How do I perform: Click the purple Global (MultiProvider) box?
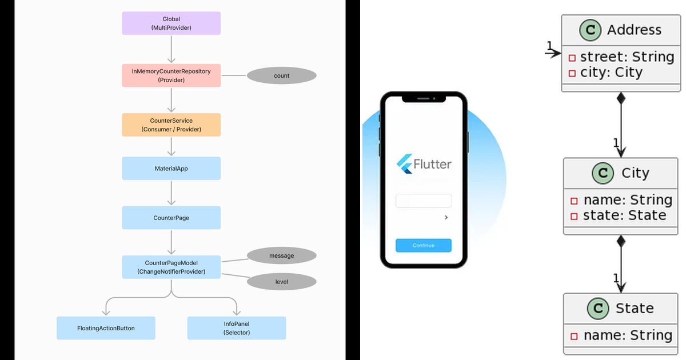pyautogui.click(x=171, y=23)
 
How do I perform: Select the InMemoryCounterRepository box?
pyautogui.click(x=171, y=75)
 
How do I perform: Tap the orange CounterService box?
pyautogui.click(x=171, y=125)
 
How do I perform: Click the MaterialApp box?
pyautogui.click(x=171, y=169)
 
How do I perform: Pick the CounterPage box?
pyautogui.click(x=171, y=218)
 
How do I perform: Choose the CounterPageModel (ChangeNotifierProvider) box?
pyautogui.click(x=171, y=267)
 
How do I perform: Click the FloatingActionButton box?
pyautogui.click(x=106, y=328)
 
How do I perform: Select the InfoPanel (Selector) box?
pyautogui.click(x=237, y=328)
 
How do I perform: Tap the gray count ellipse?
pyautogui.click(x=281, y=75)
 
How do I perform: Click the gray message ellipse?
pyautogui.click(x=281, y=255)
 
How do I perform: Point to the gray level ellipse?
pyautogui.click(x=281, y=282)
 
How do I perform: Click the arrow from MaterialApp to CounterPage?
pyautogui.click(x=171, y=193)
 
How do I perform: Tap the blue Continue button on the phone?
pyautogui.click(x=424, y=245)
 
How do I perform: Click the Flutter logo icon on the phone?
pyautogui.click(x=405, y=164)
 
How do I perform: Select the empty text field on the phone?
pyautogui.click(x=424, y=201)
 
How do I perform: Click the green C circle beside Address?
pyautogui.click(x=591, y=30)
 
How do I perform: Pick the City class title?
pyautogui.click(x=635, y=173)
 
